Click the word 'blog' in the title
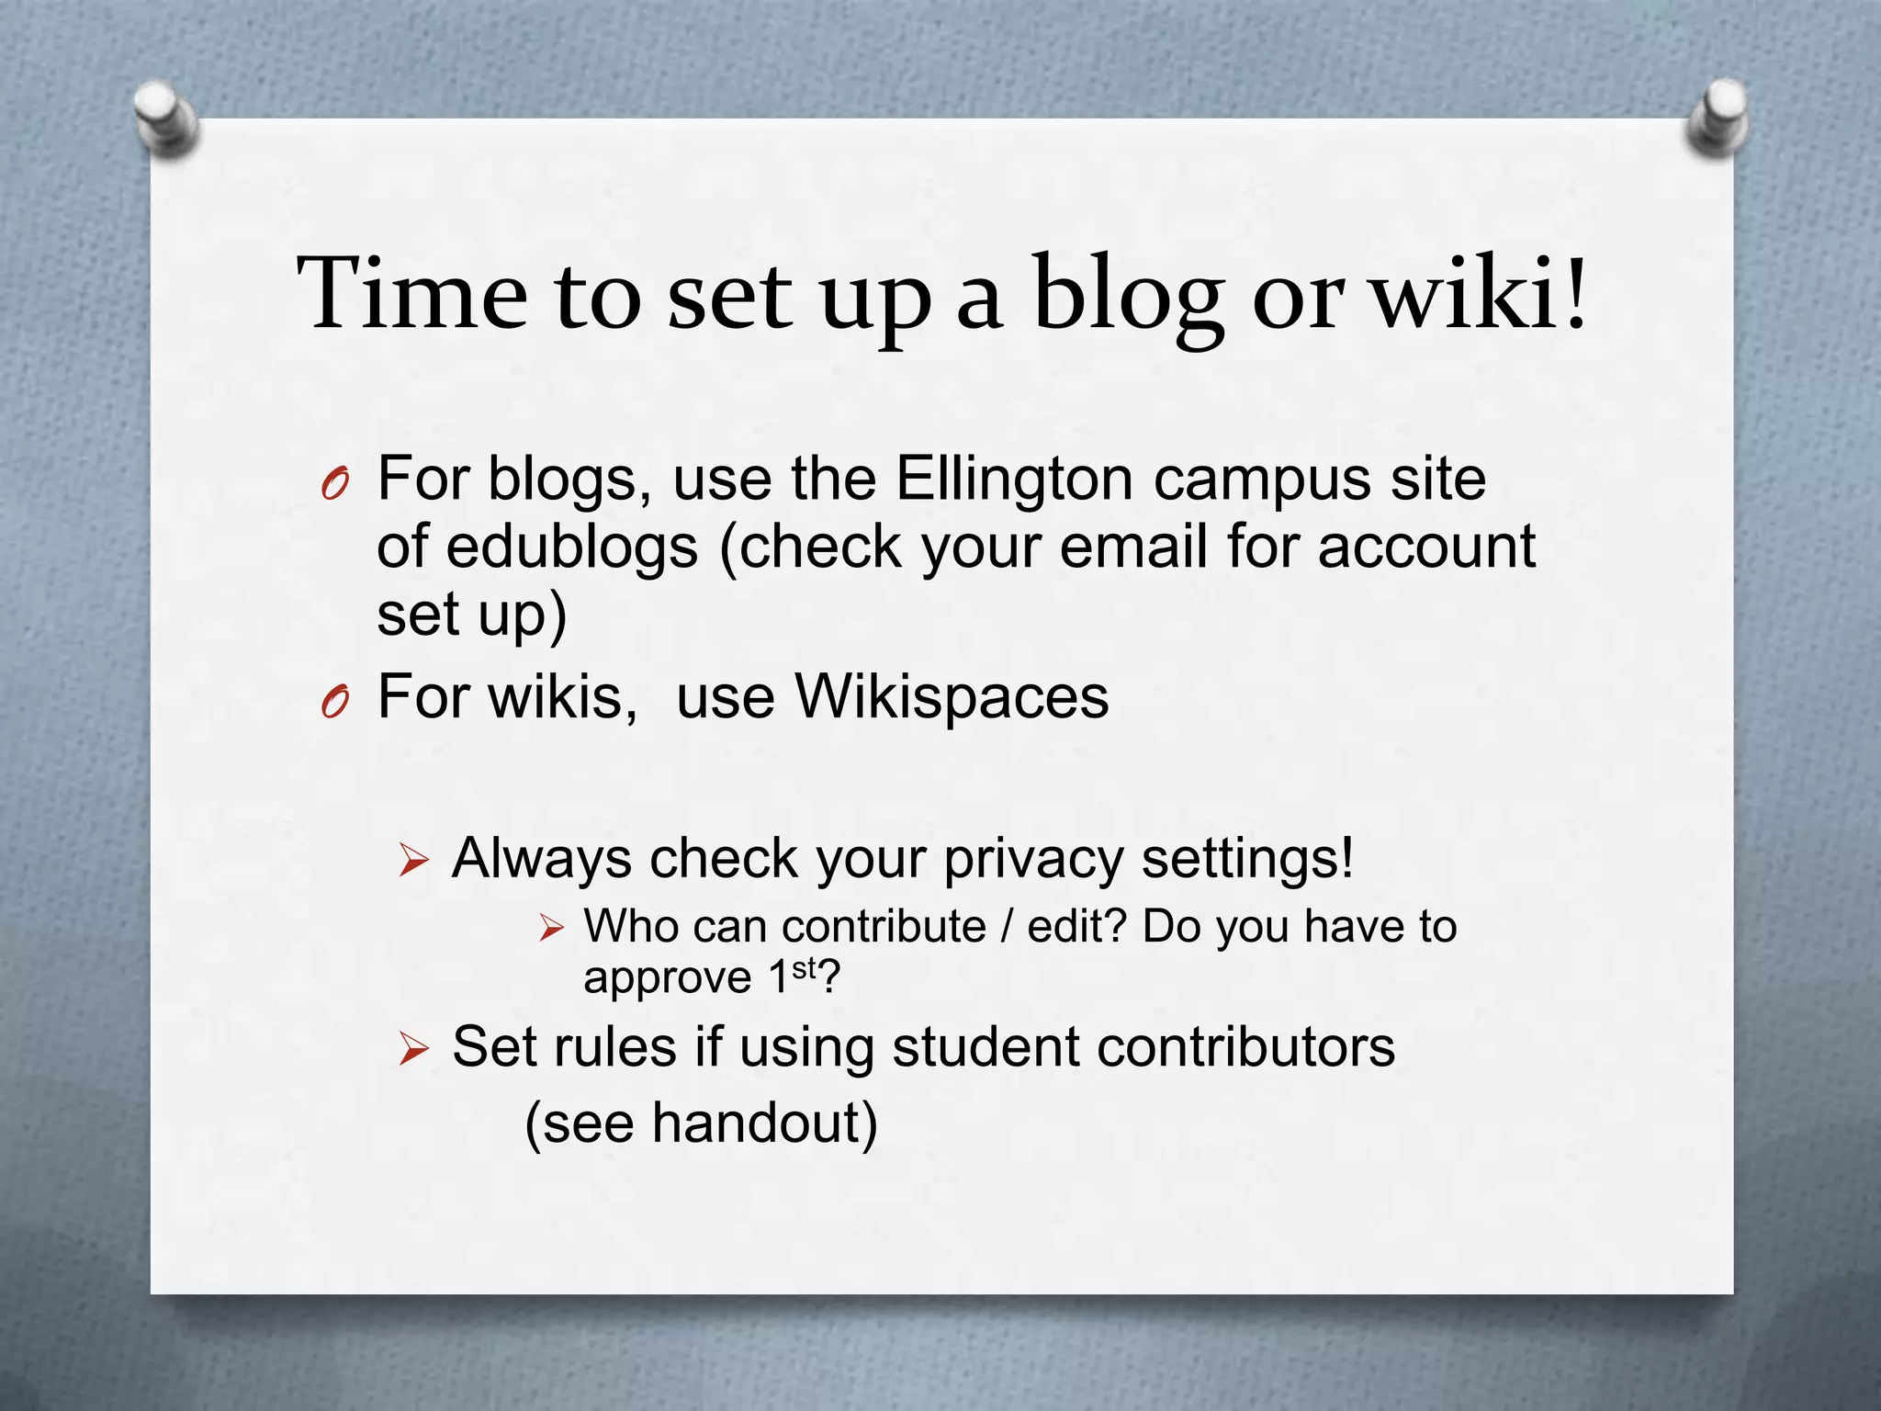pyautogui.click(x=1128, y=296)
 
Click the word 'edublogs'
pyautogui.click(x=572, y=547)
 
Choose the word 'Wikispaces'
pyautogui.click(x=952, y=696)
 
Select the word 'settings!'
pyautogui.click(x=1247, y=860)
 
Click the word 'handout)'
pyautogui.click(x=764, y=1123)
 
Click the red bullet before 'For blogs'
pyautogui.click(x=335, y=483)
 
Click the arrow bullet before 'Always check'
pyautogui.click(x=414, y=862)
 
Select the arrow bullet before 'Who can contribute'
pyautogui.click(x=551, y=928)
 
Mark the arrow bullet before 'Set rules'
pyautogui.click(x=414, y=1049)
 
